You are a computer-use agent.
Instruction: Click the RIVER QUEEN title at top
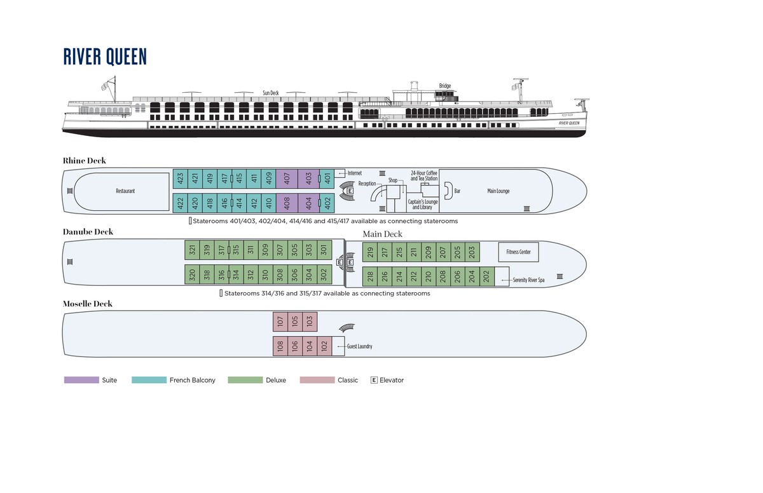pos(105,56)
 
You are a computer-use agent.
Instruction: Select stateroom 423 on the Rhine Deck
pos(180,179)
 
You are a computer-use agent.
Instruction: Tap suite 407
pos(286,179)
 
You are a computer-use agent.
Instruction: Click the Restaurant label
pos(125,191)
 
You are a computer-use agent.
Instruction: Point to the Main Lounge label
pos(498,191)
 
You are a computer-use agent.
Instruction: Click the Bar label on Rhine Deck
pos(457,191)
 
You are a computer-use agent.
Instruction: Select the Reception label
pos(367,184)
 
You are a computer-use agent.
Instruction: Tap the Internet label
pos(354,173)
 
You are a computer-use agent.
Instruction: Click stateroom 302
pos(324,274)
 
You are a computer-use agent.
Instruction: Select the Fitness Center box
pos(518,252)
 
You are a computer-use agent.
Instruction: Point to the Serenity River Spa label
pos(528,280)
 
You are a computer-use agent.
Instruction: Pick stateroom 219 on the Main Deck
pos(370,252)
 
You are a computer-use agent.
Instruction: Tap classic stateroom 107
pos(280,322)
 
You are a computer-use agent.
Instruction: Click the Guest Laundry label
pos(359,346)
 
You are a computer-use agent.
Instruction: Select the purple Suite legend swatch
pos(81,380)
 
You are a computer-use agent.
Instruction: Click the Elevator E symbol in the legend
pos(374,380)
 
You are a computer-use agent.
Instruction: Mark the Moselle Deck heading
pos(88,304)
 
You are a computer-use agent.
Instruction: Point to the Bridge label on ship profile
pos(444,86)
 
